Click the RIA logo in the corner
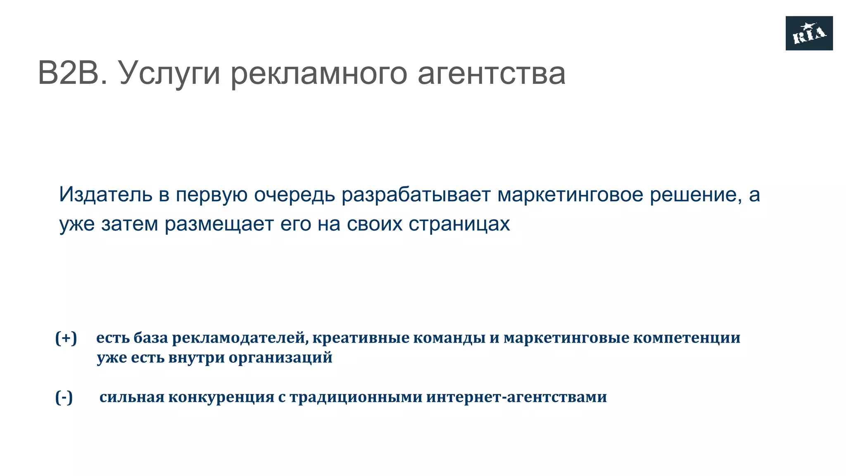point(809,33)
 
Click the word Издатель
point(106,194)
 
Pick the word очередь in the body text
point(294,195)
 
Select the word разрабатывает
point(416,195)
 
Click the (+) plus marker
point(66,338)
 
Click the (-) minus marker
point(64,397)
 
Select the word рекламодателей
point(240,338)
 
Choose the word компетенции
point(687,338)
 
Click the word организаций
point(280,357)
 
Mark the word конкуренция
point(221,397)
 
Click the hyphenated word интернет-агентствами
point(516,397)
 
